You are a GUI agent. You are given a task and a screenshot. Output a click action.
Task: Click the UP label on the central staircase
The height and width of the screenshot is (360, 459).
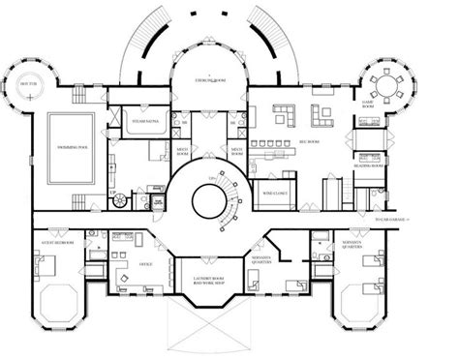point(205,180)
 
